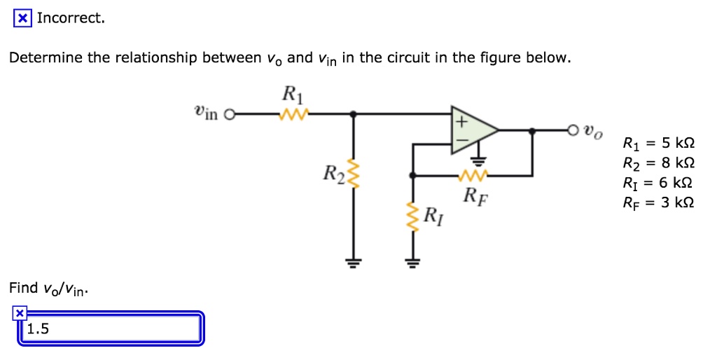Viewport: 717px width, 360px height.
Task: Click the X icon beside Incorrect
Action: pyautogui.click(x=23, y=18)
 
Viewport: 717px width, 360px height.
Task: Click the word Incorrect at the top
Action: pyautogui.click(x=71, y=18)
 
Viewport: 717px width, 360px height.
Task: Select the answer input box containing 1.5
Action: pyautogui.click(x=111, y=329)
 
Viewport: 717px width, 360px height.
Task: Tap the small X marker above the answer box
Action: pyautogui.click(x=20, y=313)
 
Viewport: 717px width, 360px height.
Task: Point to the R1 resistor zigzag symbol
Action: pyautogui.click(x=289, y=113)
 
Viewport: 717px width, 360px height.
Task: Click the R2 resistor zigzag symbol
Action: pyautogui.click(x=354, y=173)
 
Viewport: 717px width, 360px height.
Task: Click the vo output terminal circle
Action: pyautogui.click(x=572, y=130)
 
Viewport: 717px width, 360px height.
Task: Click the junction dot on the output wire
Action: pyautogui.click(x=533, y=130)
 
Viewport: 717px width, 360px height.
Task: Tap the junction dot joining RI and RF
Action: pyautogui.click(x=413, y=175)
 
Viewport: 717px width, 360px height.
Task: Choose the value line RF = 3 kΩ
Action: pyautogui.click(x=657, y=205)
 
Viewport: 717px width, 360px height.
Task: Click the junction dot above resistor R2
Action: pyautogui.click(x=354, y=113)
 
